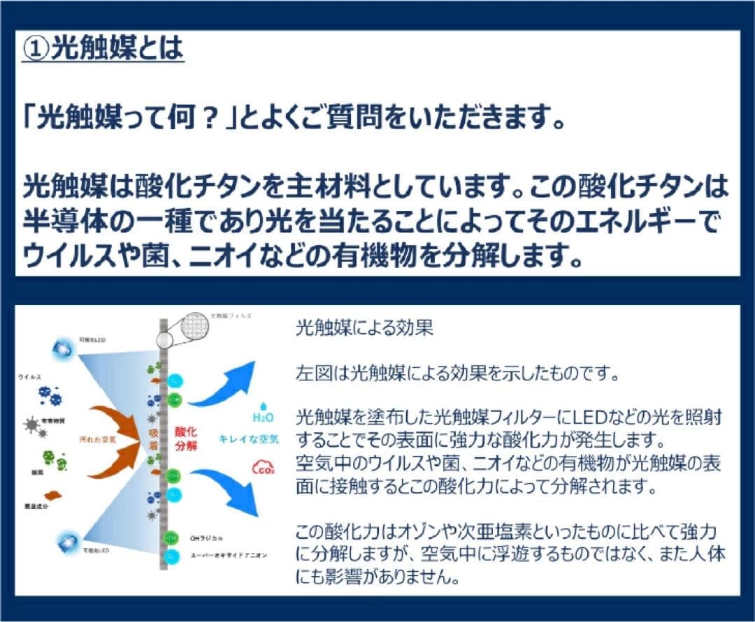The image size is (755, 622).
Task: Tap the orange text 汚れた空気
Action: [x=97, y=439]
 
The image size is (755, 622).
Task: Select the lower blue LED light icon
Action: [x=71, y=542]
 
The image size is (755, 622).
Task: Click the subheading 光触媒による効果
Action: [x=364, y=329]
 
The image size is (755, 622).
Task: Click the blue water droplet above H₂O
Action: [x=263, y=405]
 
